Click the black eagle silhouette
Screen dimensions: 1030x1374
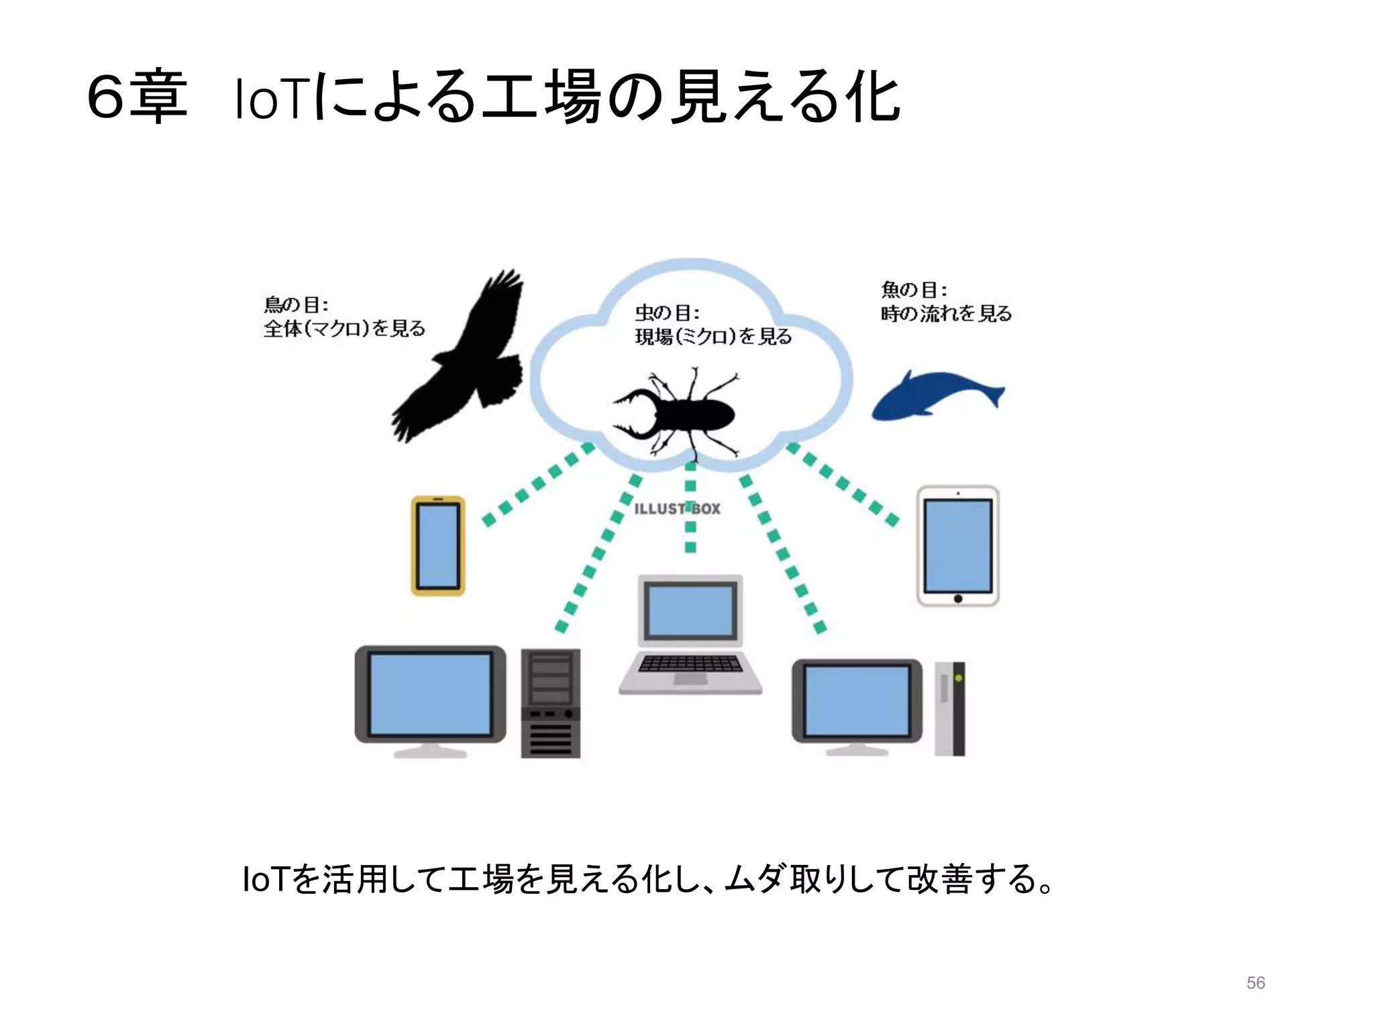point(463,362)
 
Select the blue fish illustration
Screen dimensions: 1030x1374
point(936,396)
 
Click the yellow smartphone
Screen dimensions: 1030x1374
point(438,546)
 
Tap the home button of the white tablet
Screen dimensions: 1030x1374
point(958,598)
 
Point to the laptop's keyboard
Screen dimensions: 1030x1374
point(690,664)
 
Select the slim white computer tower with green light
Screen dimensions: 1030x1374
point(950,708)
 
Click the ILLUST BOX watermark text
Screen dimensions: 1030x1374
point(677,509)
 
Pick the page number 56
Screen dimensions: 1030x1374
point(1255,983)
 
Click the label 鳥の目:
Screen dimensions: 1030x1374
point(296,305)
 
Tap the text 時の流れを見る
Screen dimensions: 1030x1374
point(946,314)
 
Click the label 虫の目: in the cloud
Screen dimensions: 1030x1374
point(667,313)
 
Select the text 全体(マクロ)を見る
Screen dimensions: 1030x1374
point(344,329)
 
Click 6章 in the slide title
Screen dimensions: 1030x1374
point(137,97)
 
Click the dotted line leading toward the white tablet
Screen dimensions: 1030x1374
point(843,483)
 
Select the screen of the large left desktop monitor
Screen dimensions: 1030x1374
point(430,694)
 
